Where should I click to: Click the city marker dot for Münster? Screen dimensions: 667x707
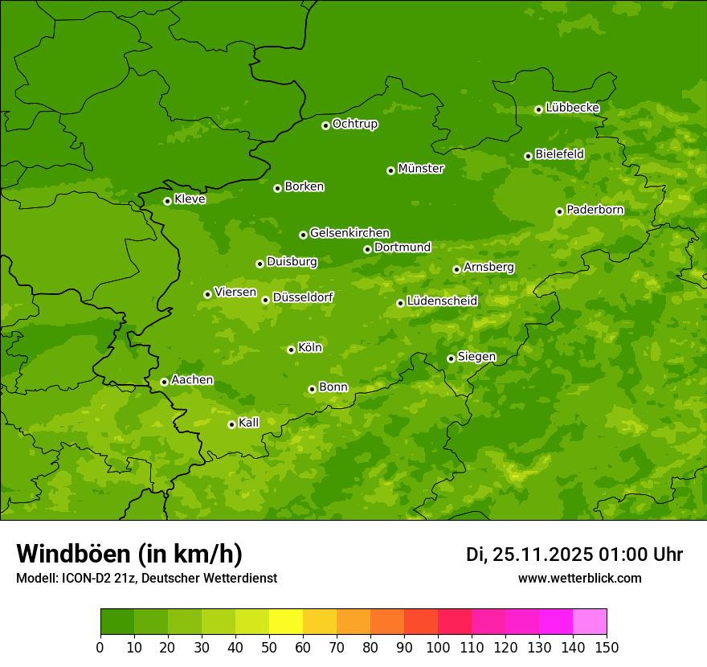pyautogui.click(x=390, y=170)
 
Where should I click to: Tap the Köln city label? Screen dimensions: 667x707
pyautogui.click(x=310, y=348)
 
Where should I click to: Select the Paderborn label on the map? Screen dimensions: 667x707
pyautogui.click(x=595, y=210)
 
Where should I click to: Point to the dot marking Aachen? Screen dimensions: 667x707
pyautogui.click(x=164, y=382)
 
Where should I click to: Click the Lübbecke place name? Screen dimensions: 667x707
pyautogui.click(x=572, y=108)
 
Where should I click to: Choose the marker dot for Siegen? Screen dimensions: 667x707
pyautogui.click(x=451, y=358)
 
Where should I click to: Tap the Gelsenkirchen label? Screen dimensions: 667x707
pyautogui.click(x=349, y=233)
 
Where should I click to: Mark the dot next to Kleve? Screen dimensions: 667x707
pyautogui.click(x=167, y=201)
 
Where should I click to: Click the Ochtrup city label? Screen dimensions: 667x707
pyautogui.click(x=354, y=124)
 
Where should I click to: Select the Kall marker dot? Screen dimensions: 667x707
pyautogui.click(x=231, y=424)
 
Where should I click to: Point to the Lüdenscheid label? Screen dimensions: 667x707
pyautogui.click(x=442, y=301)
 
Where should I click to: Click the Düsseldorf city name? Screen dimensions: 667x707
pyautogui.click(x=303, y=297)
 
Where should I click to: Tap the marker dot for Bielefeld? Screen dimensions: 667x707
pyautogui.click(x=528, y=156)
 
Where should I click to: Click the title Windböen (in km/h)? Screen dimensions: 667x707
pyautogui.click(x=129, y=554)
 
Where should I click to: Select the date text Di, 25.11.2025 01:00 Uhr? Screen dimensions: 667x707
pyautogui.click(x=574, y=554)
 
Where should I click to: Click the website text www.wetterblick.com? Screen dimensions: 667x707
pyautogui.click(x=579, y=578)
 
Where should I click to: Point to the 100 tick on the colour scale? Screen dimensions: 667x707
pyautogui.click(x=438, y=646)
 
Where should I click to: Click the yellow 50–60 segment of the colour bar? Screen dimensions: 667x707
pyautogui.click(x=286, y=622)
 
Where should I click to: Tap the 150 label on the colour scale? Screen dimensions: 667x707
pyautogui.click(x=607, y=646)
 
